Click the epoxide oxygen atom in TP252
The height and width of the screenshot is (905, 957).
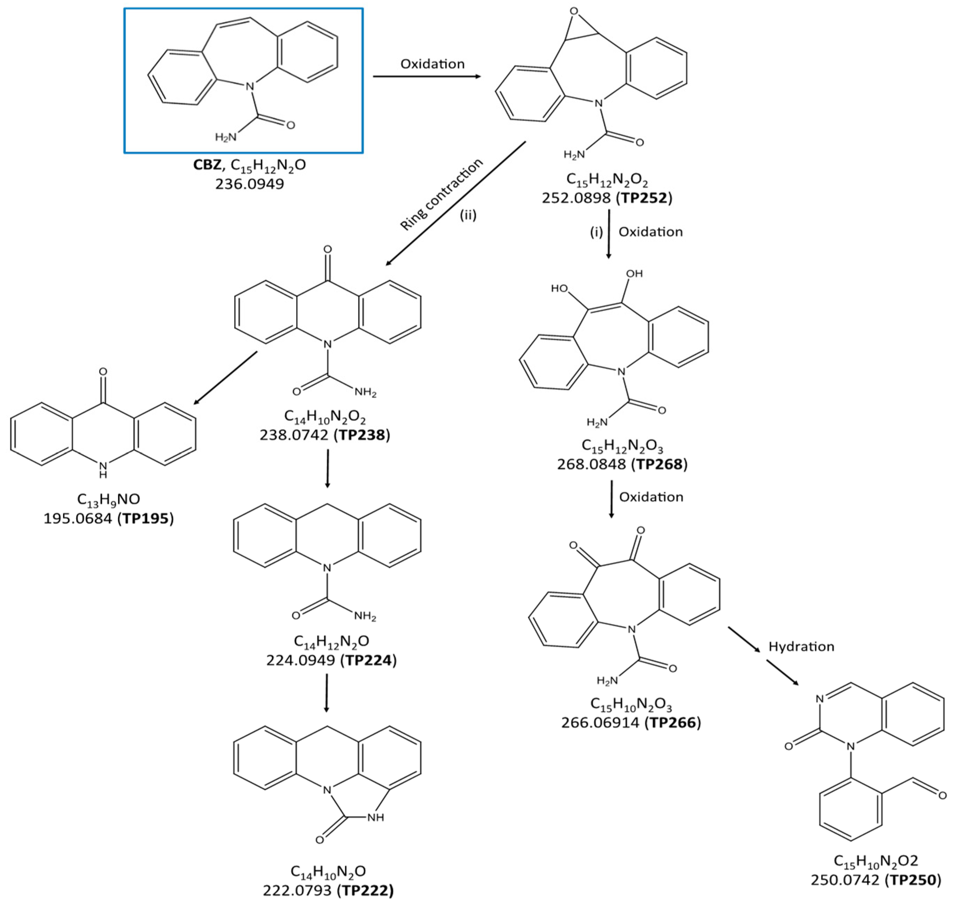[x=574, y=11]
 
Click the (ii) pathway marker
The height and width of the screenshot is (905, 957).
[x=468, y=215]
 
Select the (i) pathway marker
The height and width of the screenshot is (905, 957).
[x=596, y=232]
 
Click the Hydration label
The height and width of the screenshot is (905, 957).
[x=801, y=646]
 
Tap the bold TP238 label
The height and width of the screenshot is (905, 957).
[x=362, y=435]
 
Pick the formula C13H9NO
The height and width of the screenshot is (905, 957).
[x=109, y=499]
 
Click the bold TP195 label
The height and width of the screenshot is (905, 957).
[x=146, y=518]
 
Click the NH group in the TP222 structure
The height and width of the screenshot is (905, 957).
[x=375, y=817]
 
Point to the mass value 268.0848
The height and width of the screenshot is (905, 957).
[x=592, y=465]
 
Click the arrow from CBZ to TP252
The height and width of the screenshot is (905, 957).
[x=427, y=77]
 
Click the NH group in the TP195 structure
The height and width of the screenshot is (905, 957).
[x=103, y=469]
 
